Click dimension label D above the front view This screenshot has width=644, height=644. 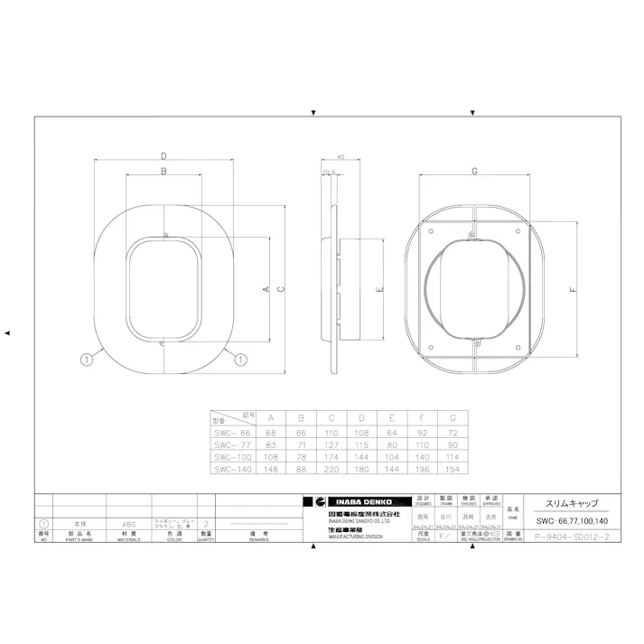click(163, 156)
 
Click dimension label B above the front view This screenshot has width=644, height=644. click(163, 170)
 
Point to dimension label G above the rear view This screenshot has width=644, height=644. click(475, 171)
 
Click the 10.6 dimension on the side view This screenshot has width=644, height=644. click(329, 172)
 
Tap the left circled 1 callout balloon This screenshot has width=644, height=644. click(87, 359)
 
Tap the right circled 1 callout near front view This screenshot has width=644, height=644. click(240, 359)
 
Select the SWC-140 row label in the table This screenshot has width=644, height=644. click(231, 469)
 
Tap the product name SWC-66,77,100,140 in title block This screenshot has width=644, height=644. click(564, 522)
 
